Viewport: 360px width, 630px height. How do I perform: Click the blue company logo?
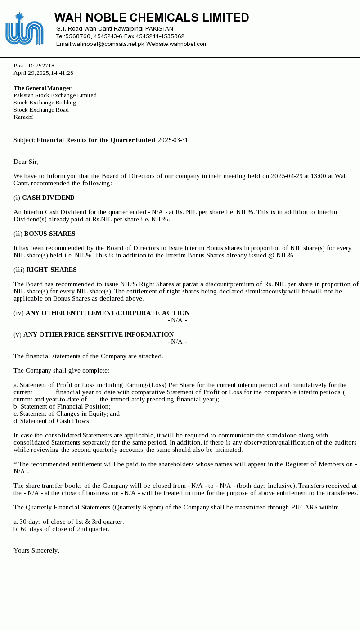coord(24,29)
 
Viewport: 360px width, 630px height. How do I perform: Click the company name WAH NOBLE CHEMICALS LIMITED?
coord(152,18)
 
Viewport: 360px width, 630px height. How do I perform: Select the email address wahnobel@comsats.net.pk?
coord(108,44)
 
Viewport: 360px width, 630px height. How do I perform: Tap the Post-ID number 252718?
coord(45,66)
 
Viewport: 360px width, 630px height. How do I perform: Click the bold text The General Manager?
coord(43,88)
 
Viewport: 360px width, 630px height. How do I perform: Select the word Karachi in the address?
coord(23,117)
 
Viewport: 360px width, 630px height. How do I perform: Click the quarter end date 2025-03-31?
coord(173,140)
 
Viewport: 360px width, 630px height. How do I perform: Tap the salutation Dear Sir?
coord(26,162)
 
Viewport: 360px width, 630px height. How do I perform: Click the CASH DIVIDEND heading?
coord(48,198)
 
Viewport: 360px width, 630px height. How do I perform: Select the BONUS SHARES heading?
coord(49,234)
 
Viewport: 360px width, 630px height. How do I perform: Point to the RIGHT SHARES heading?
coord(51,270)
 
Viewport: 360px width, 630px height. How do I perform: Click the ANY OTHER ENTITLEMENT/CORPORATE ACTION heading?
coord(108,313)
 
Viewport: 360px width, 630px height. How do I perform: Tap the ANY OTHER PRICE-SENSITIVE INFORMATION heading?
coord(99,334)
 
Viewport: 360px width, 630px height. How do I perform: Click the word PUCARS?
coord(305,507)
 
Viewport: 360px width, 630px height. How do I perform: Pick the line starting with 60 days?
coord(62,529)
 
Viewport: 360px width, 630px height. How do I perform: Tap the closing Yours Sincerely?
coord(36,550)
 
